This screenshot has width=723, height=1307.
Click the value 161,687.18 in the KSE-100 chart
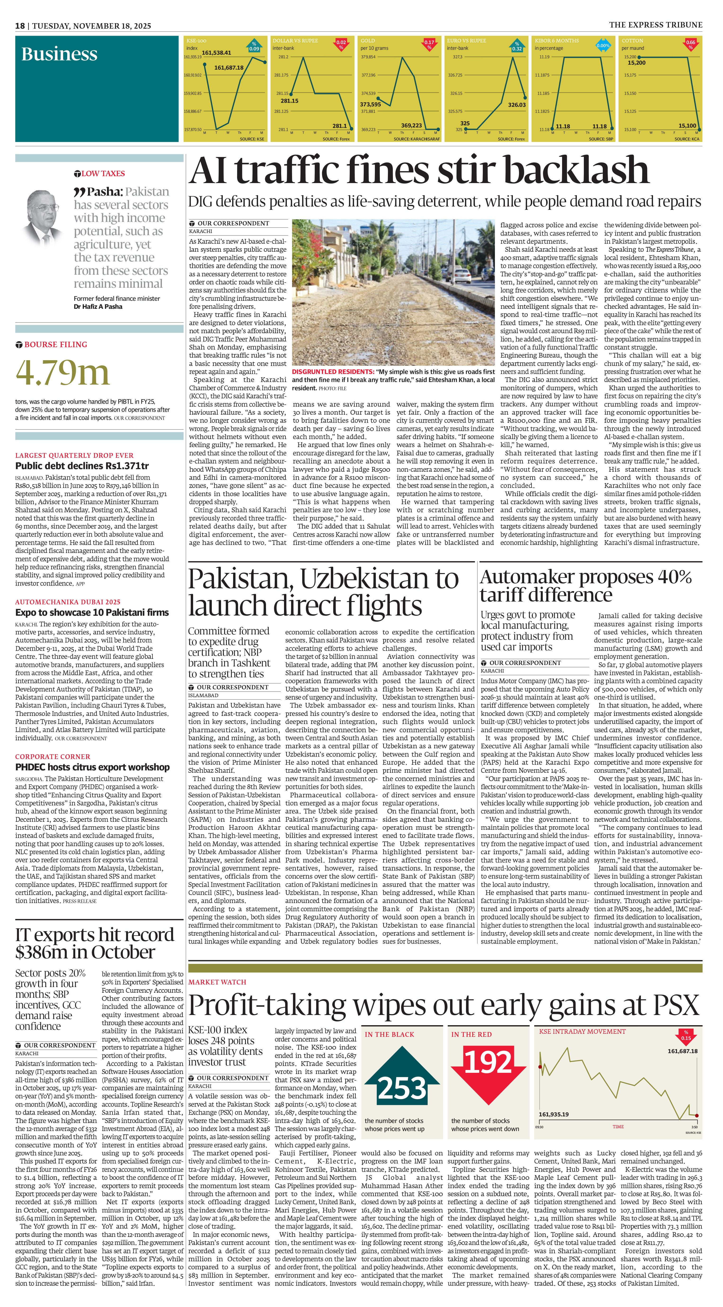point(229,67)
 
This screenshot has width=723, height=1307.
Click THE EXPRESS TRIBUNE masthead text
point(656,25)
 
